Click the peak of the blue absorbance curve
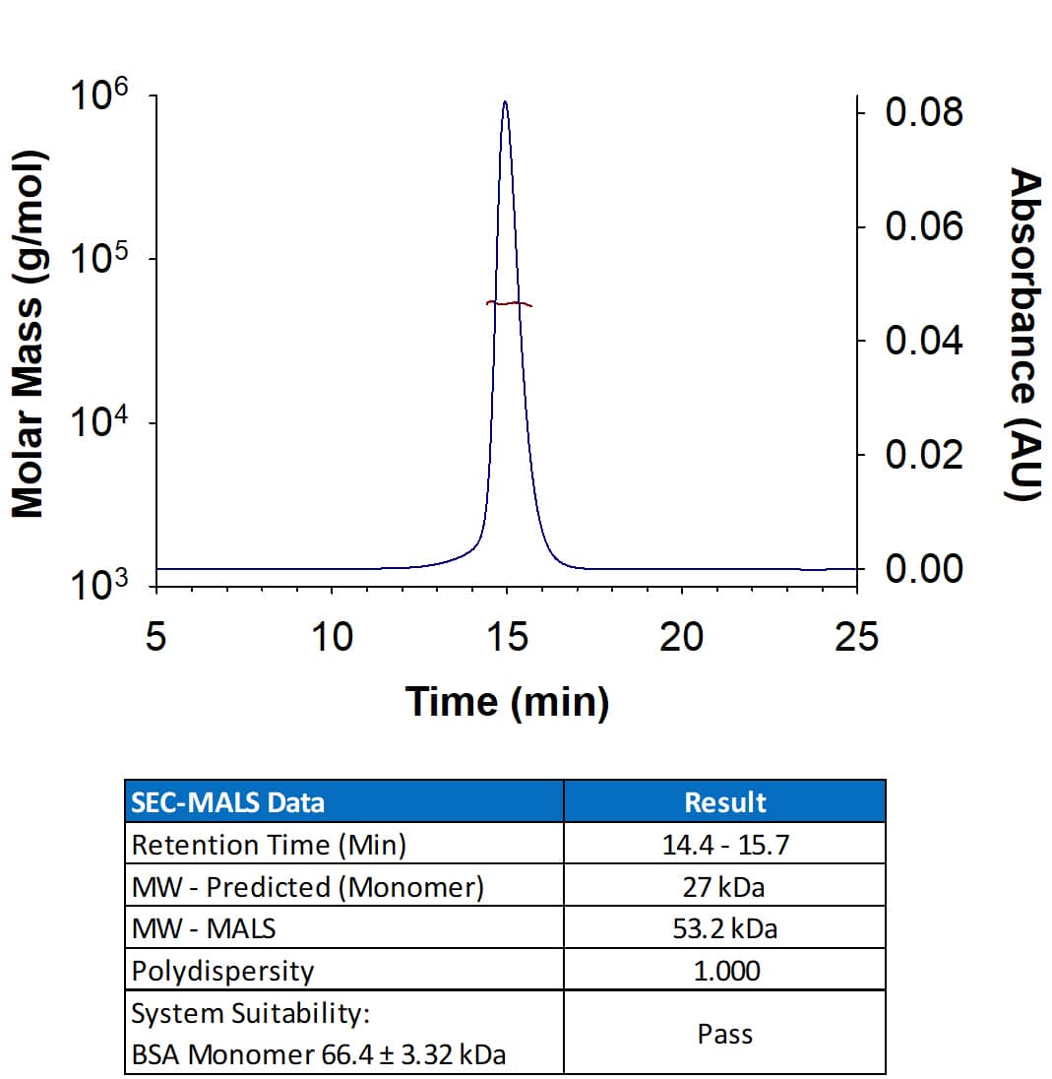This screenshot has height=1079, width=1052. (505, 101)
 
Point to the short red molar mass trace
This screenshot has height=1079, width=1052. (509, 303)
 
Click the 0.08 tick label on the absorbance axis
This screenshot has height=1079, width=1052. (922, 113)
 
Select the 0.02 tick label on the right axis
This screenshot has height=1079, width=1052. (922, 455)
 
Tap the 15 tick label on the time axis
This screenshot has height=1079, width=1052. (507, 638)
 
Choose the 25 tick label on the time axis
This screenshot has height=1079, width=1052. (855, 638)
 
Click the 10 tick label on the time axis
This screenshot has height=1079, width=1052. (332, 638)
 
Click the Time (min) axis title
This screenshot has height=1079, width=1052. (507, 701)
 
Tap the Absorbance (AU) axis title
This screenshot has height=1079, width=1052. (1023, 335)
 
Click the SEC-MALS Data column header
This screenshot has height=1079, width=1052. (227, 802)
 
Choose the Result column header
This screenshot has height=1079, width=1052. (725, 802)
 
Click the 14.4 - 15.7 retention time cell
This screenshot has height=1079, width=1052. (725, 845)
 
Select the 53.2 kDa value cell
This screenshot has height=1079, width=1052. (725, 928)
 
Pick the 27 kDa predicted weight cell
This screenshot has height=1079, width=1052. (725, 886)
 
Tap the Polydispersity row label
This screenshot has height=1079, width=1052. (223, 971)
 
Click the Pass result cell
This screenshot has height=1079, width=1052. (725, 1034)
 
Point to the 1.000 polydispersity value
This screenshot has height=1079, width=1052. (725, 971)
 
